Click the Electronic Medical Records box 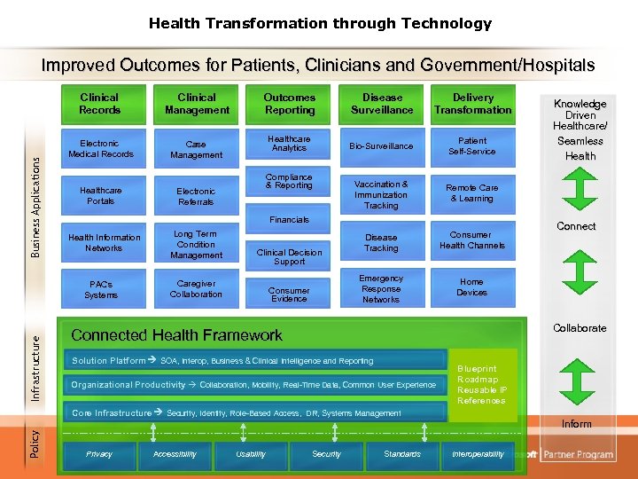[x=99, y=149]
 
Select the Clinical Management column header [x=197, y=104]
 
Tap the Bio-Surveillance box [x=381, y=145]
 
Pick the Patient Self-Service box [x=472, y=145]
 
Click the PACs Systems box [x=100, y=289]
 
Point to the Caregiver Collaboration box [x=196, y=289]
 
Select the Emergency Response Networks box [x=381, y=289]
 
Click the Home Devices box [x=471, y=287]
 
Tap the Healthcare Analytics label [x=289, y=144]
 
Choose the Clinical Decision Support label [x=289, y=257]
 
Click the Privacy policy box [x=98, y=454]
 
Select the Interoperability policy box [x=478, y=454]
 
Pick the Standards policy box [x=402, y=454]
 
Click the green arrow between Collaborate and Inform [x=576, y=377]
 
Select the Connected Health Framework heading [x=176, y=335]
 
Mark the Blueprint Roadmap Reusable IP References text [x=482, y=385]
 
